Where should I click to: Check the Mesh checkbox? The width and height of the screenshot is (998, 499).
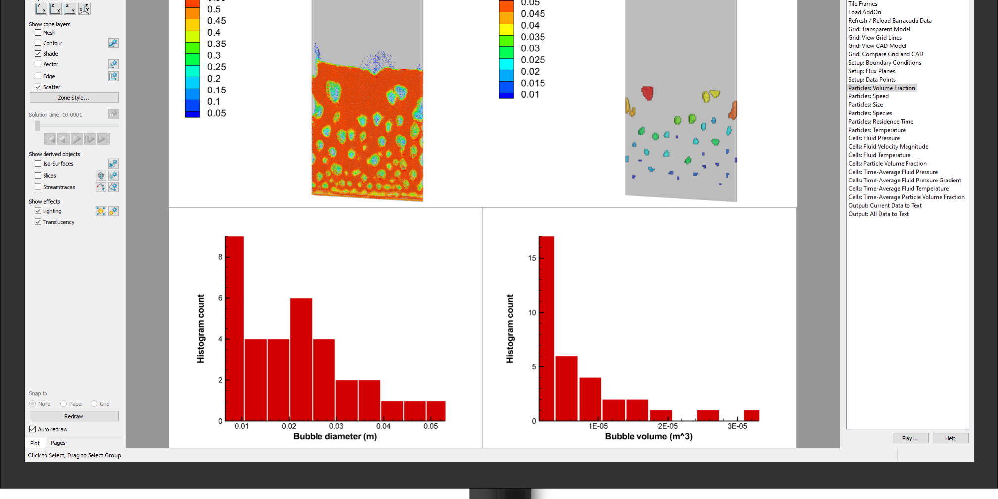coord(38,33)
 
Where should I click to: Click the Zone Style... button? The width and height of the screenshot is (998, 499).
coord(74,98)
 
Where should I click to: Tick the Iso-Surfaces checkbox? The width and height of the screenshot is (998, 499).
coord(38,164)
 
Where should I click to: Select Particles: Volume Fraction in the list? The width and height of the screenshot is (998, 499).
coord(881,88)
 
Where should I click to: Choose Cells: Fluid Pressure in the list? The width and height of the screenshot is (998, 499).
coord(873,138)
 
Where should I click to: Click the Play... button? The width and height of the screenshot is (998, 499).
coord(909,438)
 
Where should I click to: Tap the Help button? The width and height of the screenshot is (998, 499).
coord(950,438)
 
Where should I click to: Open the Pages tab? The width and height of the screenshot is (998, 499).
coord(58,443)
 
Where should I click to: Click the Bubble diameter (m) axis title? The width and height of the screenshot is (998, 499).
coord(335,436)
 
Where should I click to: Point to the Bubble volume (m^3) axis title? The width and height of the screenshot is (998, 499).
coord(648,436)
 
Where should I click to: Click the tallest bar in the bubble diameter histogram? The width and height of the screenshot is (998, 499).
coord(234,329)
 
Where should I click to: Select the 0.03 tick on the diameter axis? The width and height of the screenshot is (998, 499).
coord(336,426)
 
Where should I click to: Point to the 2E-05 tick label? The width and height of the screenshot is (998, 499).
coord(667,426)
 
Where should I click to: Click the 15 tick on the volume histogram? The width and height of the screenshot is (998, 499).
coord(532,258)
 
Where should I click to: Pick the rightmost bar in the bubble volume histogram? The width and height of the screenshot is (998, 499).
coord(751,416)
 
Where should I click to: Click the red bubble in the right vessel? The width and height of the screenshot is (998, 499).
coord(647,92)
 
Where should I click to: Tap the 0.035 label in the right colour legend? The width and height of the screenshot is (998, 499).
coord(533,37)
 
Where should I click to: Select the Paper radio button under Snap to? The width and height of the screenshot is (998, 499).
coord(63,404)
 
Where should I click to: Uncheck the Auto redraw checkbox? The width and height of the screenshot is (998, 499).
coord(33,429)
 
